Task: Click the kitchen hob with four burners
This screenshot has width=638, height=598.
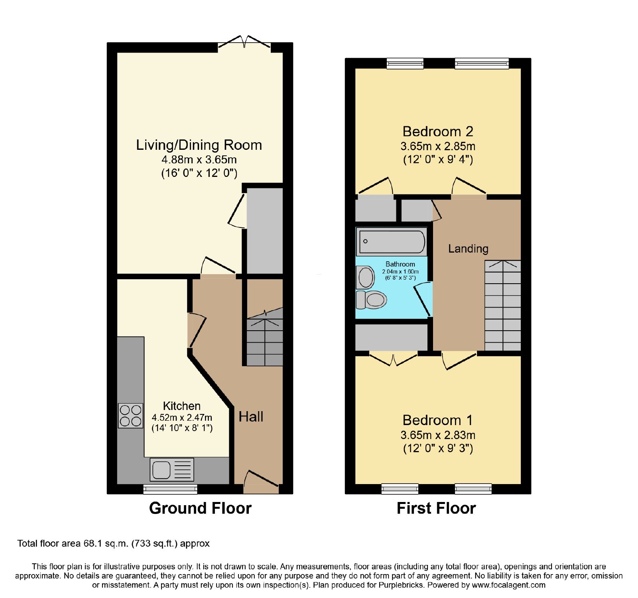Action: point(130,416)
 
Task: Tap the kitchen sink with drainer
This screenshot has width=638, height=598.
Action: point(172,469)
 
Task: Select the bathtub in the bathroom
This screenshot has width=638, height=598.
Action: point(392,241)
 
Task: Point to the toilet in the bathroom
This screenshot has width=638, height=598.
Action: point(371,300)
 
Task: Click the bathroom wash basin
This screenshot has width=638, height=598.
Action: point(366,277)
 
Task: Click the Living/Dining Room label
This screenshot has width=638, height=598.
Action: point(199,145)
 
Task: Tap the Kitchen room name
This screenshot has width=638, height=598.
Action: point(182,406)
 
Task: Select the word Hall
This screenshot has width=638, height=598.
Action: point(251,417)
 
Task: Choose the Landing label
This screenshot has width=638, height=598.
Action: point(468,249)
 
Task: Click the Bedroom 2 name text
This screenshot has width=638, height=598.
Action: point(438,131)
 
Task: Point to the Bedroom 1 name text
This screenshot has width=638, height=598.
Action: point(438,420)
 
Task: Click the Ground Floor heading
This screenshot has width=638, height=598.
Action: point(200,508)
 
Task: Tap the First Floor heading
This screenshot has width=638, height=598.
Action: point(436,508)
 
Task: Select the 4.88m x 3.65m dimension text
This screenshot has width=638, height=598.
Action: point(199,160)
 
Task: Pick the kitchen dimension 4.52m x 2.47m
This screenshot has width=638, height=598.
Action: point(182,418)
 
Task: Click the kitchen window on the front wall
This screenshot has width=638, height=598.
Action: point(170,489)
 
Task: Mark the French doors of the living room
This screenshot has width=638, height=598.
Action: point(244,43)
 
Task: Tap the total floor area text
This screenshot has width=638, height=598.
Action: point(113,543)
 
